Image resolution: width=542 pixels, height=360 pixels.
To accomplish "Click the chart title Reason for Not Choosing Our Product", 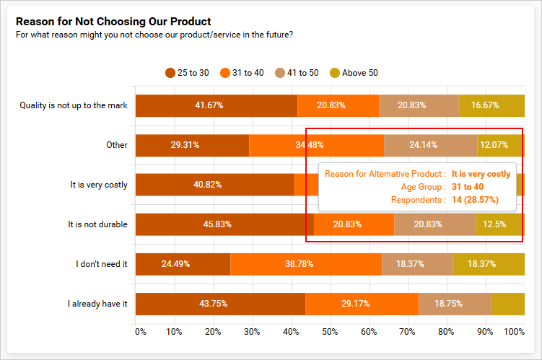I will tap(113, 22).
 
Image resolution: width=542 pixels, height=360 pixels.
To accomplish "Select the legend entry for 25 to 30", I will tap(187, 72).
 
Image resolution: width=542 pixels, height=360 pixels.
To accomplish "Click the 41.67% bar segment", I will tap(217, 105).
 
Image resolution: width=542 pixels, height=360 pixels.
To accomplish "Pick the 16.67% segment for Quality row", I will tap(491, 105).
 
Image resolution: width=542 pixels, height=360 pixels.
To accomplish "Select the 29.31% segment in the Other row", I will tap(193, 145).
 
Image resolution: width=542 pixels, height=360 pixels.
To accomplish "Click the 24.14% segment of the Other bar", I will tap(430, 145).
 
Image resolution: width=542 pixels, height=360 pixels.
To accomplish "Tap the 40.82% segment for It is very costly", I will tap(214, 185).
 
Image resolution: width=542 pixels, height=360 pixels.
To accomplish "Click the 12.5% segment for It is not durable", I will tap(499, 224).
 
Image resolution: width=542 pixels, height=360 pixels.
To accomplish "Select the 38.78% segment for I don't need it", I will tap(305, 264).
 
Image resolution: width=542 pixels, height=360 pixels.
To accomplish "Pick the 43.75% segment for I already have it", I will tap(220, 304).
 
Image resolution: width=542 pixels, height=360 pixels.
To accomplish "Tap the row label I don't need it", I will tap(101, 264).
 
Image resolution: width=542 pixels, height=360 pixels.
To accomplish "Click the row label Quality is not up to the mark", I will tap(74, 105).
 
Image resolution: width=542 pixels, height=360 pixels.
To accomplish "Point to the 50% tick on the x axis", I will tap(330, 332).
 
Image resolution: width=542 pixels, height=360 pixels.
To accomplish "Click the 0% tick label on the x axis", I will tap(140, 332).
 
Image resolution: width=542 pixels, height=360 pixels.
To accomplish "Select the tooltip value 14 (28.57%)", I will tap(475, 200).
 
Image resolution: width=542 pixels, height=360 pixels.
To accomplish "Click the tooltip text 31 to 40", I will tap(468, 187).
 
